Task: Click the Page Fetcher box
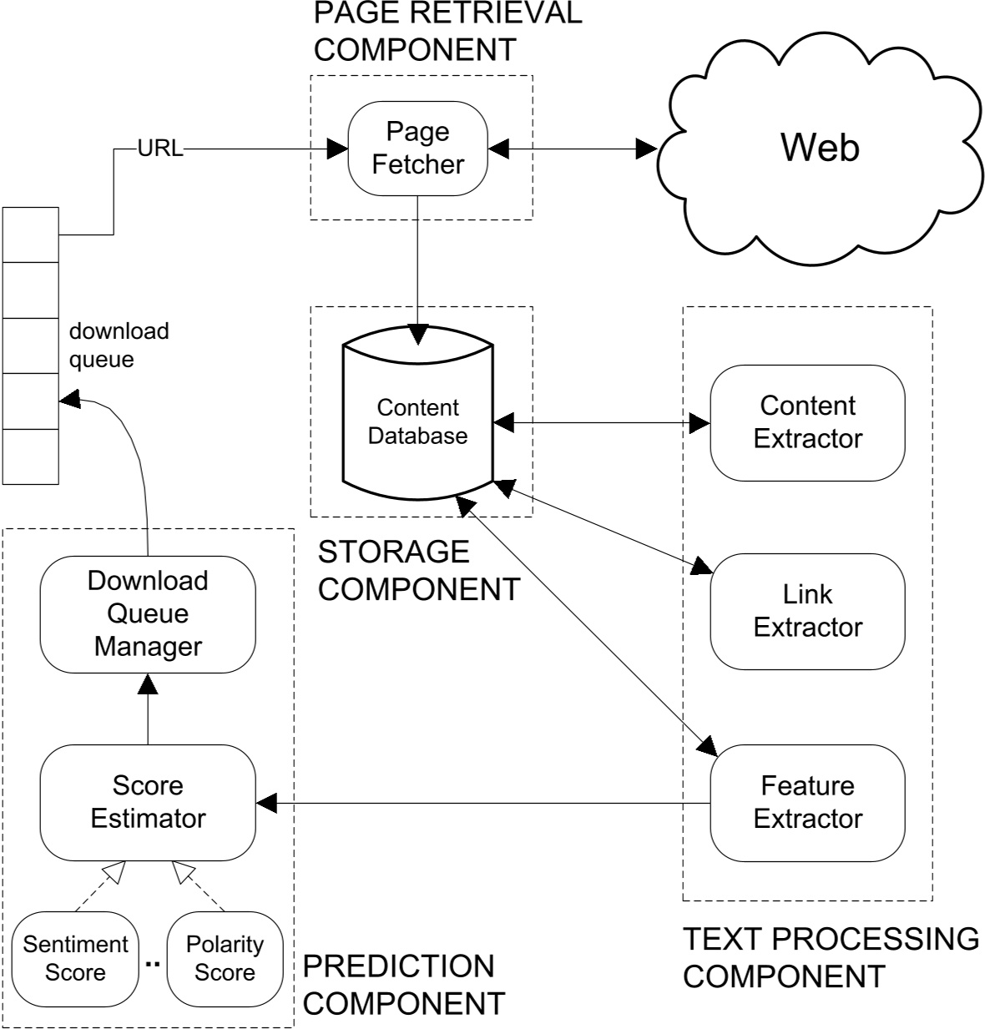click(x=417, y=149)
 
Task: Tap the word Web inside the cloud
click(x=819, y=148)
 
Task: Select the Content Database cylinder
click(x=417, y=421)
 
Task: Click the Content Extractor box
click(x=807, y=422)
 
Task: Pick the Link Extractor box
click(x=807, y=611)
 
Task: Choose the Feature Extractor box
click(x=807, y=802)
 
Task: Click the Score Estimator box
click(x=148, y=802)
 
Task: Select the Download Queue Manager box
click(x=148, y=613)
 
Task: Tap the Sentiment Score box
click(x=75, y=958)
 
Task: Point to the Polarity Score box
click(x=225, y=958)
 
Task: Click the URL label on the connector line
click(x=159, y=150)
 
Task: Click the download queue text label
click(x=119, y=345)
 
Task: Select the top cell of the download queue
click(x=31, y=235)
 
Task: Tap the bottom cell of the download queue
click(x=31, y=456)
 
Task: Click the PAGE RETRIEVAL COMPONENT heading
click(x=447, y=32)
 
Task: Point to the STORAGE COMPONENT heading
click(x=417, y=570)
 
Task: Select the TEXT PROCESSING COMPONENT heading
click(x=831, y=956)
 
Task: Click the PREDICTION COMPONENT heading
click(x=403, y=984)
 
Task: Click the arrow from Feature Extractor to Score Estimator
click(x=484, y=804)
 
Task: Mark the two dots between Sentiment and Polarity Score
click(x=152, y=965)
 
